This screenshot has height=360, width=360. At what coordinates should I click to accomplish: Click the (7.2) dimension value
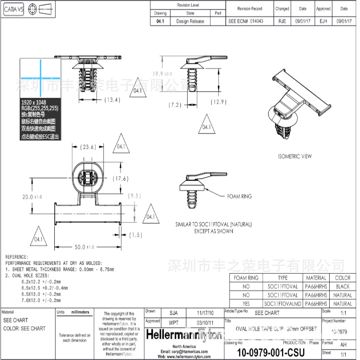point(175,104)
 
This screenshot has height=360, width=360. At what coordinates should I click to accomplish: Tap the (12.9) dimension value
point(217,102)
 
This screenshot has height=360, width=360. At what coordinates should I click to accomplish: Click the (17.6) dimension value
point(120,179)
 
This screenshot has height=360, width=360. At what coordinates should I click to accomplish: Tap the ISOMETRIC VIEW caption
point(295,156)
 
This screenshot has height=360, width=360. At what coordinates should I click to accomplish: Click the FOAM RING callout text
point(239,196)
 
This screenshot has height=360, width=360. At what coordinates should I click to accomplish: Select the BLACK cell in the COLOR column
point(342,287)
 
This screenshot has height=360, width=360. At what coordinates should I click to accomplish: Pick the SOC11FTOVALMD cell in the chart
point(283,304)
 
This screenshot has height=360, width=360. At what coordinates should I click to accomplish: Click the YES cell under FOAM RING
point(246,304)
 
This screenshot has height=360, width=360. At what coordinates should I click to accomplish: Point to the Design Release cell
point(190,21)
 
